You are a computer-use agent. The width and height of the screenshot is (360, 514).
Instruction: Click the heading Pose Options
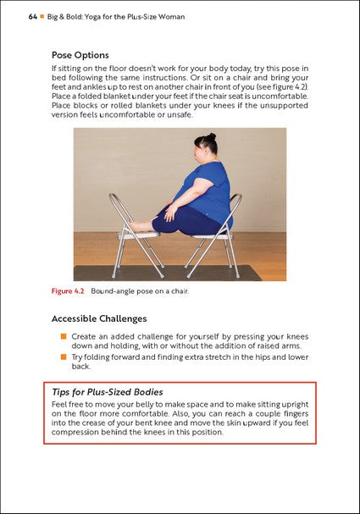(x=86, y=55)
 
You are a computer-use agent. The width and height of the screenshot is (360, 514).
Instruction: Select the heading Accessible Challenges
(x=99, y=319)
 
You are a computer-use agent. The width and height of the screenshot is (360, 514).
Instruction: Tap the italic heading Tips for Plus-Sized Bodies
(x=108, y=393)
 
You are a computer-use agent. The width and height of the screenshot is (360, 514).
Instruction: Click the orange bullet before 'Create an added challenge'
(x=63, y=336)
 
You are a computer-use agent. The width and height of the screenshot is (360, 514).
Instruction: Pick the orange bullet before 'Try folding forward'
(x=63, y=357)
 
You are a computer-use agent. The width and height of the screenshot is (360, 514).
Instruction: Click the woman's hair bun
(x=202, y=136)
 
